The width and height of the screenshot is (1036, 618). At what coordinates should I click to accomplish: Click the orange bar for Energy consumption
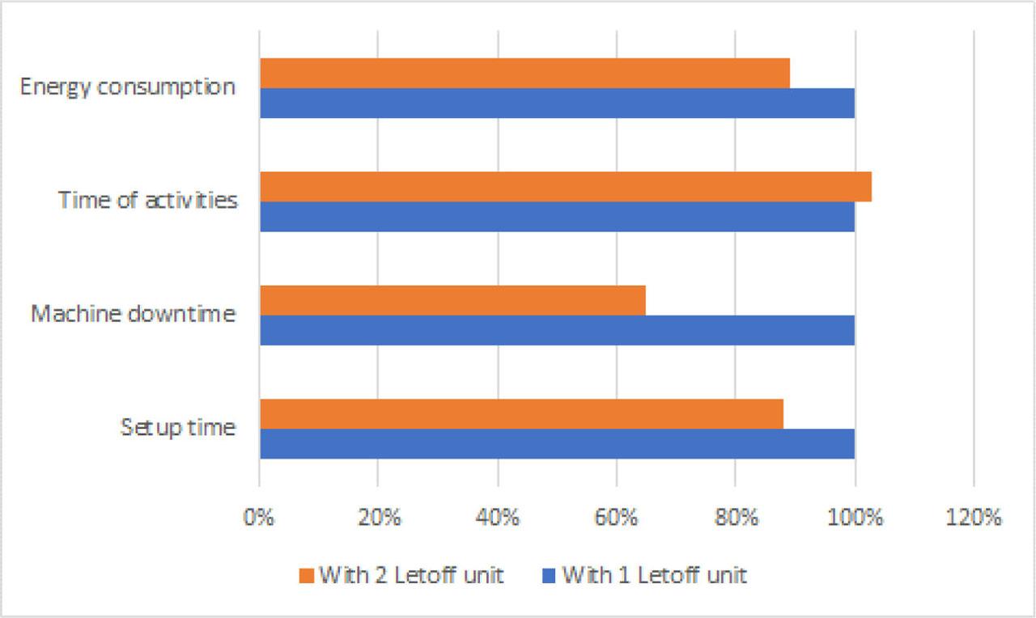524,74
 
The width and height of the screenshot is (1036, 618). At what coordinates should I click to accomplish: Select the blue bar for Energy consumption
557,104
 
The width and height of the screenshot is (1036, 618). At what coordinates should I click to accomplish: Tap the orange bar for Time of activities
566,187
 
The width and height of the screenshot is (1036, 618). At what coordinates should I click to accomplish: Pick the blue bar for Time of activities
557,217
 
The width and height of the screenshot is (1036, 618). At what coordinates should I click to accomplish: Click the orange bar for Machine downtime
452,300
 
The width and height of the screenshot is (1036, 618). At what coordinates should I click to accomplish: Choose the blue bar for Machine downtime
557,330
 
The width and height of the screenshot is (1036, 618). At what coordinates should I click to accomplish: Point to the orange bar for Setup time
521,413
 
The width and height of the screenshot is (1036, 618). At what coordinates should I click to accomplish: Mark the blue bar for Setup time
557,443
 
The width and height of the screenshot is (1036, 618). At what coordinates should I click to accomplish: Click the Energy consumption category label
128,87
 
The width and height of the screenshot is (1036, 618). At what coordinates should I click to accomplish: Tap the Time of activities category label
147,200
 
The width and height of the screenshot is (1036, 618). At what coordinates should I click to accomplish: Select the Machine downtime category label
134,313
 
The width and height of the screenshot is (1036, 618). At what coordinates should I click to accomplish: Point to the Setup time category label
178,426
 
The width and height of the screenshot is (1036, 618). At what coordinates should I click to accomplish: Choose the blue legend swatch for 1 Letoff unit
548,576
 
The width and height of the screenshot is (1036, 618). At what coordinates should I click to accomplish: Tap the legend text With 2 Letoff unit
411,576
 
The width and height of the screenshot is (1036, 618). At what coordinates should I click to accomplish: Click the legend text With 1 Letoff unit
654,576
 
